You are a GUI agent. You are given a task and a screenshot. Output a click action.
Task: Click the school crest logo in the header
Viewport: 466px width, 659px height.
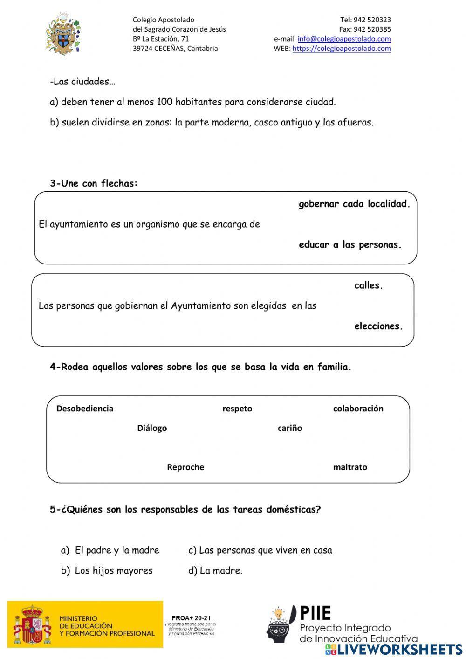[x=63, y=35]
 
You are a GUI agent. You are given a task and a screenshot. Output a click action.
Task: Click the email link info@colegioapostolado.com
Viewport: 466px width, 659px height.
[x=344, y=39]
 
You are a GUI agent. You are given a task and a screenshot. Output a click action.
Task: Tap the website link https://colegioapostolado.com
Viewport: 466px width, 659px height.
[x=342, y=48]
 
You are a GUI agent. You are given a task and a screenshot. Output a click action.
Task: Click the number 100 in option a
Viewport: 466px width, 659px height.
[x=164, y=102]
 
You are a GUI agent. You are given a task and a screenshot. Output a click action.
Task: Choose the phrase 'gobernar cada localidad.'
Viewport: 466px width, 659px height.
[x=354, y=204]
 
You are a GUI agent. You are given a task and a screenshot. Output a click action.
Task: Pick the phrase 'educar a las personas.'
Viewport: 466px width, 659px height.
[x=350, y=244]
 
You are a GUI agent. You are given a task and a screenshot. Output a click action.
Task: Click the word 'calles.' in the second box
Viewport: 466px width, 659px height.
[x=368, y=285]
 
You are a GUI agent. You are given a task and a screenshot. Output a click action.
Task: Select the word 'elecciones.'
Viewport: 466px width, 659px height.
[x=378, y=326]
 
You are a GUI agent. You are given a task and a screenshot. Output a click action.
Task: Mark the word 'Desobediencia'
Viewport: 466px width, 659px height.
[x=85, y=409]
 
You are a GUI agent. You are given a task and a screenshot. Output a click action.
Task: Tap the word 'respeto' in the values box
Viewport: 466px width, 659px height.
[x=237, y=409]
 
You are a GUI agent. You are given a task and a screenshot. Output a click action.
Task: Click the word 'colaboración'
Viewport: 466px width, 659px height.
[x=358, y=409]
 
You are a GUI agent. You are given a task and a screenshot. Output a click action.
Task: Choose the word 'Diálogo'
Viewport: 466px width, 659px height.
[x=152, y=428]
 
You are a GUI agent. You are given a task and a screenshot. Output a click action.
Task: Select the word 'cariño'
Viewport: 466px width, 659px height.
[x=290, y=428]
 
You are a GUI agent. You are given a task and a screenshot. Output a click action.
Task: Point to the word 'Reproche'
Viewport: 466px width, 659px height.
[x=185, y=467]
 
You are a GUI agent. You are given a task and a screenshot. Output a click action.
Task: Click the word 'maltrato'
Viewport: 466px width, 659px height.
[x=350, y=467]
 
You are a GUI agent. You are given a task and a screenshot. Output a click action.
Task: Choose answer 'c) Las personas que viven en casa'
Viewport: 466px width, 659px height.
[x=260, y=550]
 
